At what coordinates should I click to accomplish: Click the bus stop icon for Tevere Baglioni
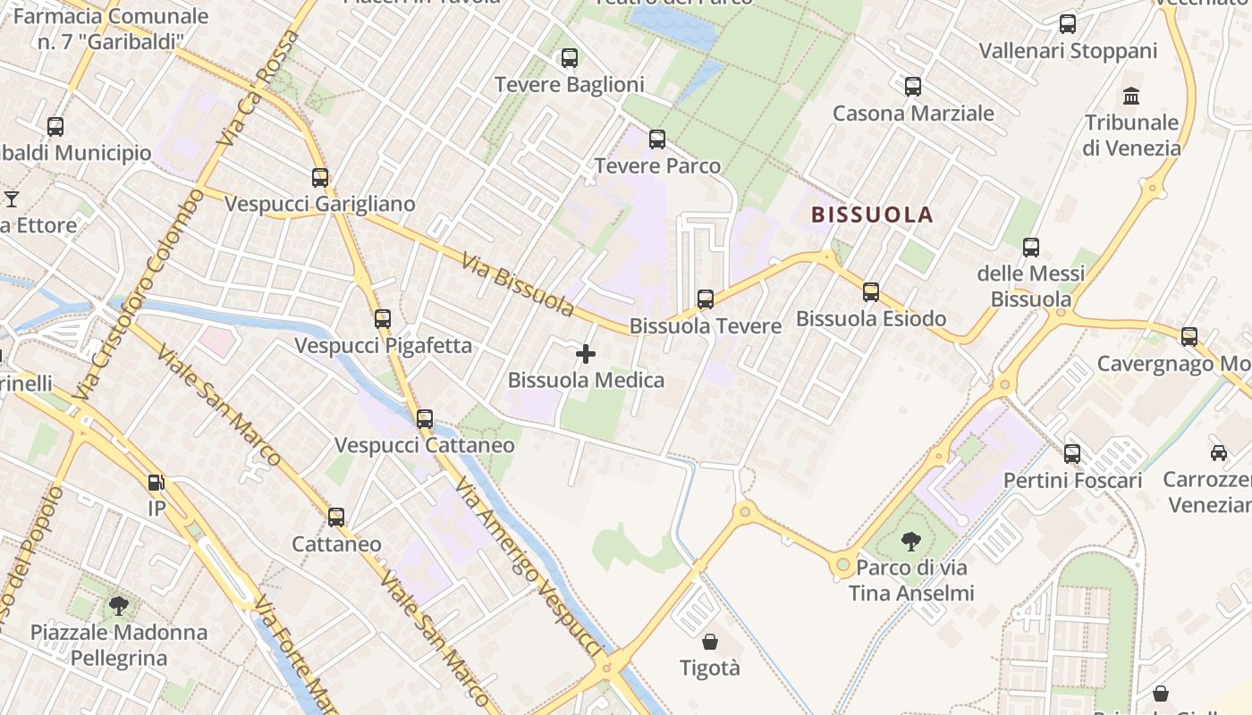click(x=569, y=59)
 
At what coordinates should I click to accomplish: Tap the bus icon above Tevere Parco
click(x=657, y=139)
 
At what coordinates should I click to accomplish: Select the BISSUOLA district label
click(x=872, y=214)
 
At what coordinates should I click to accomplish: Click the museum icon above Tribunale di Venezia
click(x=1131, y=96)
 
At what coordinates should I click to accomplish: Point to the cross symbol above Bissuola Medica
click(x=586, y=355)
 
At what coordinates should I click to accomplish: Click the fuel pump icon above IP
click(x=156, y=483)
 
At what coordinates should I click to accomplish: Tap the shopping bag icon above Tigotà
click(x=710, y=642)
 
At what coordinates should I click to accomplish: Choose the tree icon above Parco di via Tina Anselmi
click(x=911, y=541)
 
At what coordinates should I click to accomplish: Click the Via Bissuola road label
click(x=519, y=285)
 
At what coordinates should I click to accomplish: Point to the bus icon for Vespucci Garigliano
click(x=320, y=178)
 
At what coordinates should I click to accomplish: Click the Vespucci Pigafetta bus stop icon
click(x=383, y=319)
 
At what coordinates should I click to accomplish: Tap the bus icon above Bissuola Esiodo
click(x=871, y=292)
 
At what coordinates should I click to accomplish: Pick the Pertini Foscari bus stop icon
click(x=1072, y=454)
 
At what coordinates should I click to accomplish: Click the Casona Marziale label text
click(x=913, y=114)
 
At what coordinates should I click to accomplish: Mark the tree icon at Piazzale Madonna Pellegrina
click(x=118, y=606)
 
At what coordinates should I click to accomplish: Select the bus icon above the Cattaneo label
click(x=336, y=517)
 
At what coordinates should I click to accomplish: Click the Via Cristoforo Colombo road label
click(x=136, y=295)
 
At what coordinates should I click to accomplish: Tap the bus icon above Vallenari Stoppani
click(x=1067, y=24)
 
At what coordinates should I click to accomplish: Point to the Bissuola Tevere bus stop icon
click(x=706, y=299)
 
